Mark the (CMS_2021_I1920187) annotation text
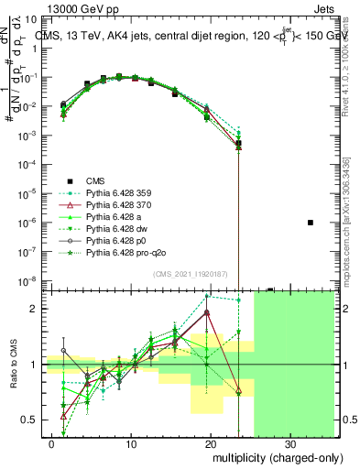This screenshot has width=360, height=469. pyautogui.click(x=191, y=274)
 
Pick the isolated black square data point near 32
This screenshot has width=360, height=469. pyautogui.click(x=311, y=223)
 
